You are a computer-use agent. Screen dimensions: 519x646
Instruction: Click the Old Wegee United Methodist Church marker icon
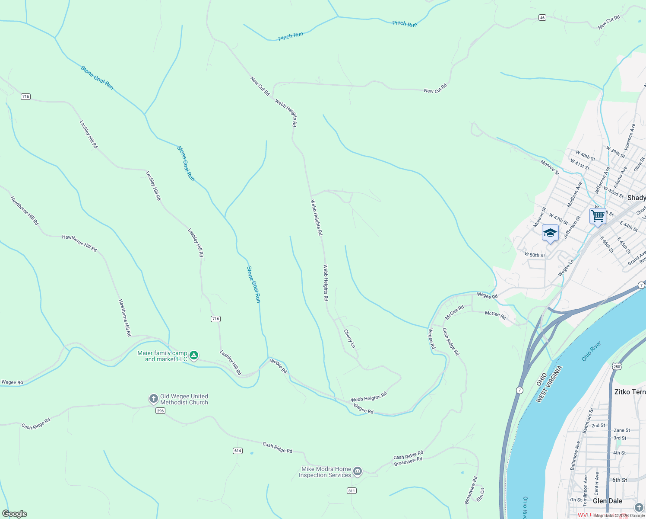[153, 399]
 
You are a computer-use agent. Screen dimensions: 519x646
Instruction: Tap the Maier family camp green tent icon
[194, 356]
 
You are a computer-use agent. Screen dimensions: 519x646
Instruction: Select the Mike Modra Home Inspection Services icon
[357, 471]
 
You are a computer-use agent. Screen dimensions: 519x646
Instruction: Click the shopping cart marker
[598, 216]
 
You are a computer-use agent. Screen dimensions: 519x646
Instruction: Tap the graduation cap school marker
[550, 234]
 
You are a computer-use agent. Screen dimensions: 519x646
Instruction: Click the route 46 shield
[542, 17]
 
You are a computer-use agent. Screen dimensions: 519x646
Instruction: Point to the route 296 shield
[161, 410]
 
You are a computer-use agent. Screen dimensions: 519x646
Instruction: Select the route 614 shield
[237, 451]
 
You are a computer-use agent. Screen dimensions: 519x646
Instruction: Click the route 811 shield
[351, 490]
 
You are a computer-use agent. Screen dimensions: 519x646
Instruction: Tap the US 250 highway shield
[617, 366]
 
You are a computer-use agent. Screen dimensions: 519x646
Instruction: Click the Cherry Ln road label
[349, 339]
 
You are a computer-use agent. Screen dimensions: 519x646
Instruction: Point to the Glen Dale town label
[608, 501]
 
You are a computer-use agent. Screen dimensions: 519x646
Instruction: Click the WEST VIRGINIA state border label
[549, 384]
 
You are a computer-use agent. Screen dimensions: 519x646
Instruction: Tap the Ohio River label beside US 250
[591, 351]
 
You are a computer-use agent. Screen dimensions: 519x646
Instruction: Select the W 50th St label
[535, 255]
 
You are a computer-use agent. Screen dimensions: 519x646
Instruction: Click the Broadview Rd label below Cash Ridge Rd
[408, 461]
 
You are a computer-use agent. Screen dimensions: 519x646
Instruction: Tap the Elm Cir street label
[480, 495]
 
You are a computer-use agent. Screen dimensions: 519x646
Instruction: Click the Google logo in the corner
[15, 513]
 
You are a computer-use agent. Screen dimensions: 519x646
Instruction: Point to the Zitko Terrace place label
[630, 392]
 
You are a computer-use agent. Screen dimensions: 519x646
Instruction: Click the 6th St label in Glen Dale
[619, 480]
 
